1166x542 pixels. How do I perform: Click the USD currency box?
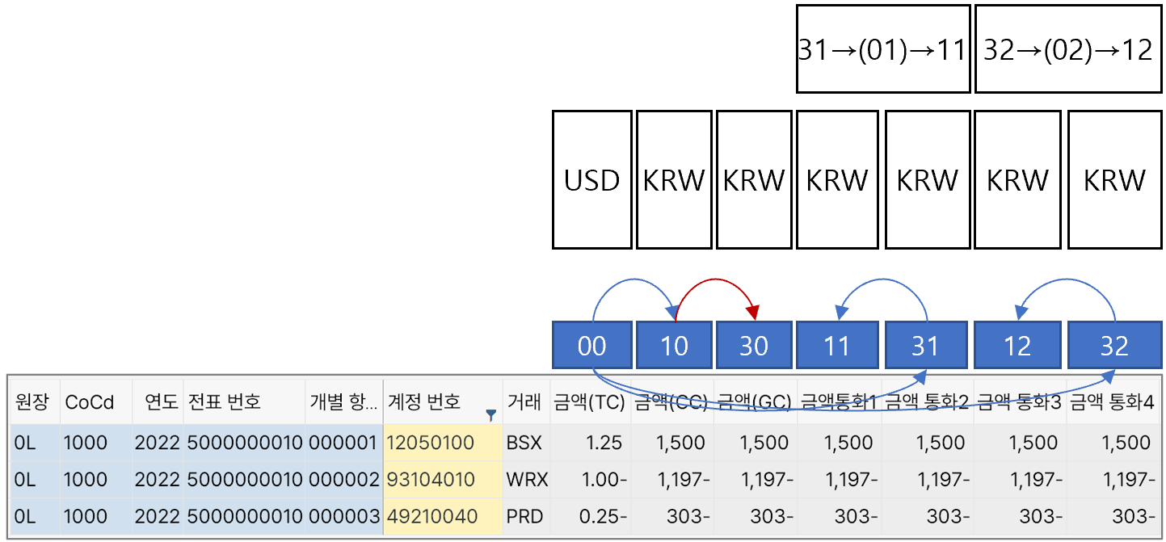point(591,179)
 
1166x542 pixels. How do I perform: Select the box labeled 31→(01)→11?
point(882,49)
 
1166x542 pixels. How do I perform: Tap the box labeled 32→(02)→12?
point(1068,49)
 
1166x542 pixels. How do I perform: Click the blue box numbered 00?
point(591,346)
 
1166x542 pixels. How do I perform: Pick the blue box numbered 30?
point(753,346)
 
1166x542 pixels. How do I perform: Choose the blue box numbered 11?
point(836,346)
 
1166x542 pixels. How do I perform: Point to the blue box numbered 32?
point(1113,346)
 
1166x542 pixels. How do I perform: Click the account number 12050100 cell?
point(431,443)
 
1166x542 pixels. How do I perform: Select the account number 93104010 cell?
point(431,480)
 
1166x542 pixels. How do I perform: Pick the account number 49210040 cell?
point(431,516)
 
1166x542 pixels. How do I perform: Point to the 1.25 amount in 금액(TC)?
point(606,443)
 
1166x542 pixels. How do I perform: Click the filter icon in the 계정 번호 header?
point(490,415)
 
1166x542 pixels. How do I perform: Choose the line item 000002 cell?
point(344,480)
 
